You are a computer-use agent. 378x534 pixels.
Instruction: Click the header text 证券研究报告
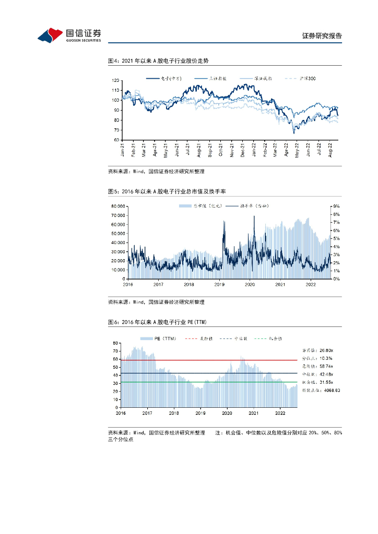click(x=322, y=36)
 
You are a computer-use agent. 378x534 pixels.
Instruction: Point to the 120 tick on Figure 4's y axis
click(x=116, y=80)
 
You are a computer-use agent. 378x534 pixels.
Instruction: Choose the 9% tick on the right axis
click(x=336, y=207)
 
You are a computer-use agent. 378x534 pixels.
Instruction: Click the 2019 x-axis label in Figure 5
click(x=219, y=285)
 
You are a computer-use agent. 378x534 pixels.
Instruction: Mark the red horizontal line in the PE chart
click(x=209, y=360)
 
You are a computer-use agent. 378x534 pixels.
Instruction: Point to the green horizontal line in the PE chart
click(x=209, y=382)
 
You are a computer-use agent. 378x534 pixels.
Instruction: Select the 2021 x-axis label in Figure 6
click(x=254, y=413)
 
